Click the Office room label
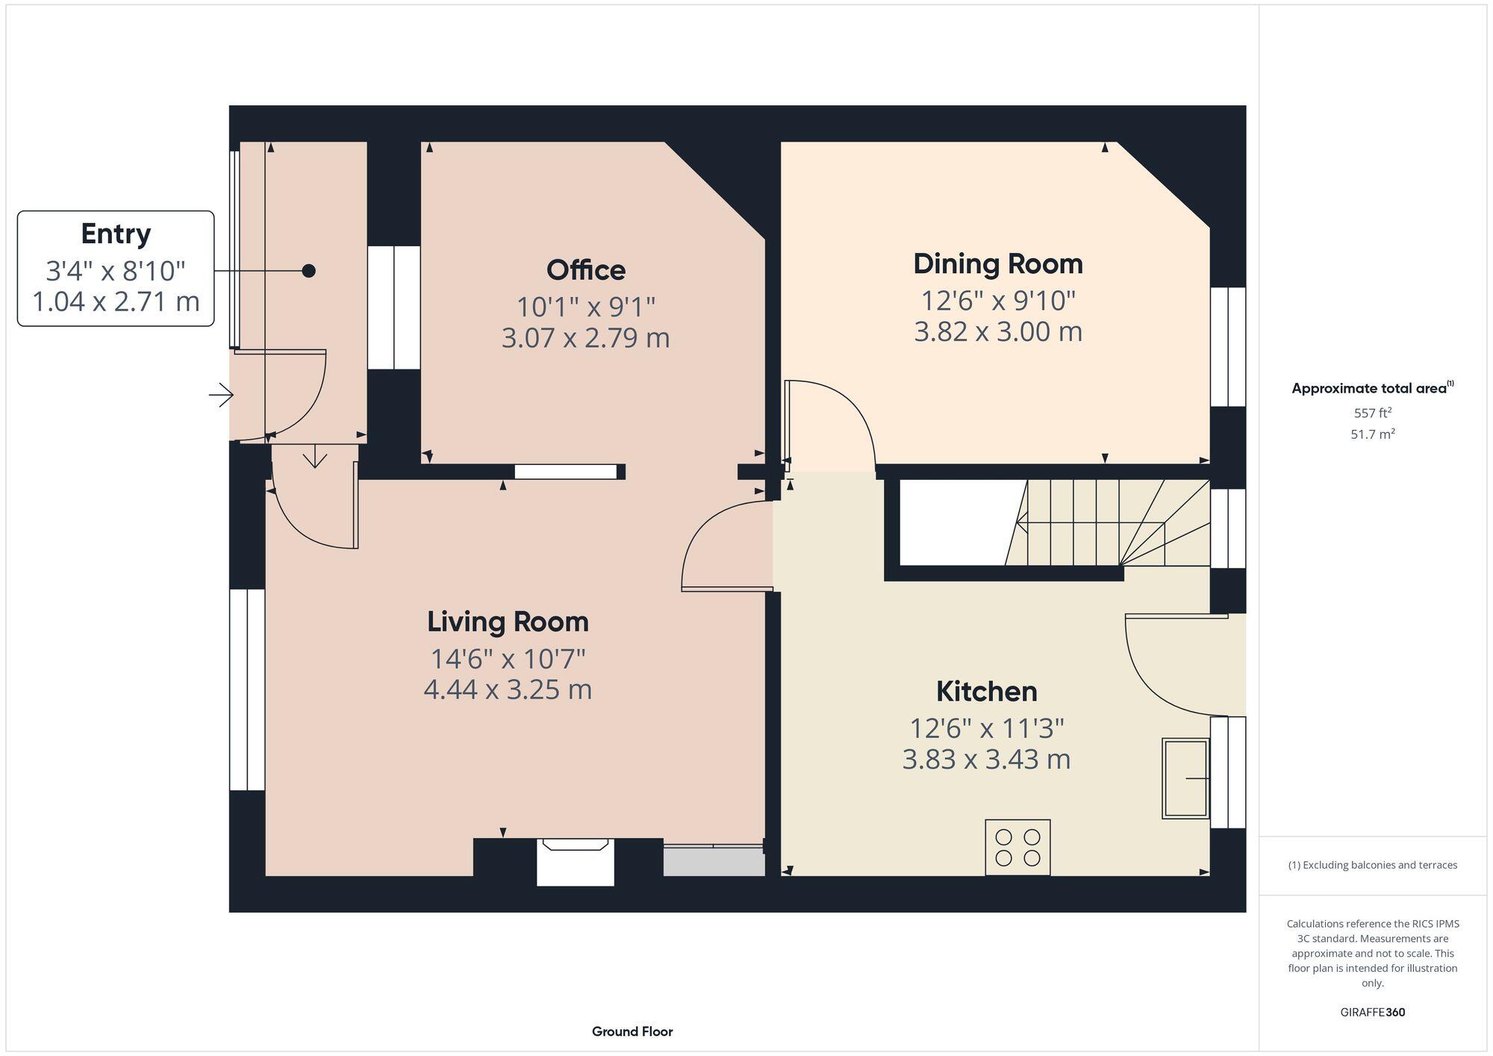585,270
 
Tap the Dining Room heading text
997,264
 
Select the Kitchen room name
986,692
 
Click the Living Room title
508,622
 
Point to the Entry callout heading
116,234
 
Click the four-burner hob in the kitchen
1017,847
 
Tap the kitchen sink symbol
1185,778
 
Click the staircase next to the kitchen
1105,522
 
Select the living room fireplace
575,862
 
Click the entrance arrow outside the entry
221,395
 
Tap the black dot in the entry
308,271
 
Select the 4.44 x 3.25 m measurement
508,689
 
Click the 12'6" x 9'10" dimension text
997,301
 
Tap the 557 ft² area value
1372,413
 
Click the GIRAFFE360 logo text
1372,1013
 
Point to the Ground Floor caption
632,1031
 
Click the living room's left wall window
246,690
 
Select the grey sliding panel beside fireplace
714,861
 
